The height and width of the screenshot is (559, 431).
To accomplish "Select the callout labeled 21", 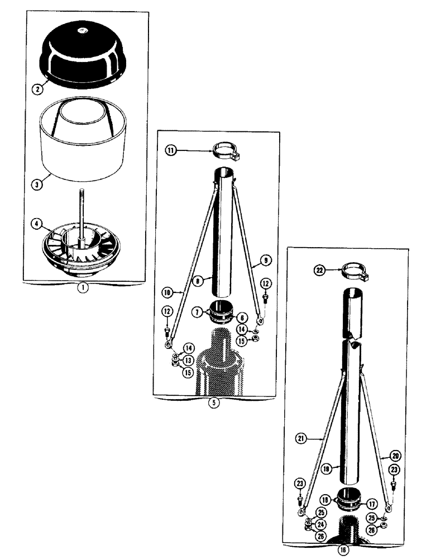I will pyautogui.click(x=302, y=440).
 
